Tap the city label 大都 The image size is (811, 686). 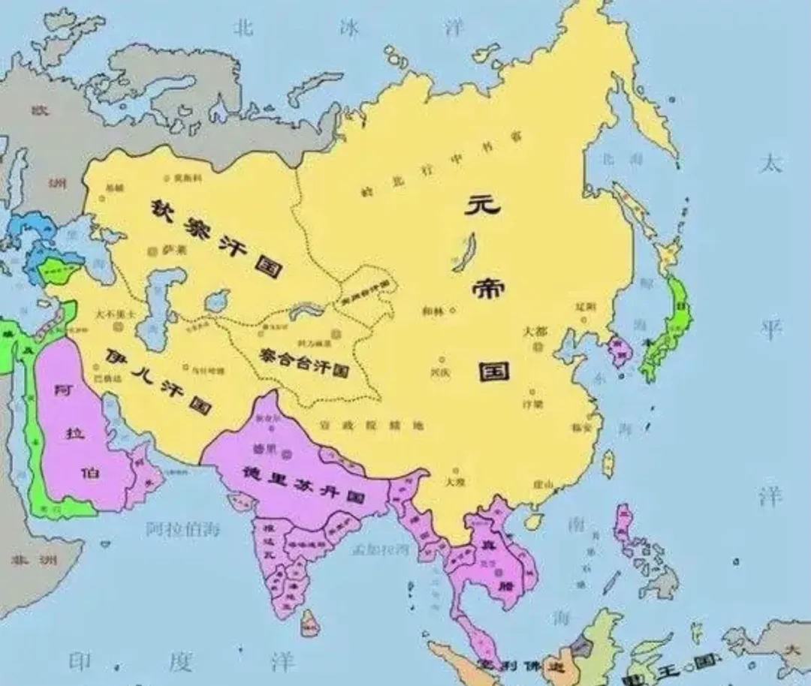pos(536,331)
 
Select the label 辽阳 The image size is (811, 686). pos(585,306)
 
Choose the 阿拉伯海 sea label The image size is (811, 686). pos(183,528)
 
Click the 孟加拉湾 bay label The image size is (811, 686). pos(381,549)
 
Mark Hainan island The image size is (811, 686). pos(535,519)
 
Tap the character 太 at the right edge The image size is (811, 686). pos(770,163)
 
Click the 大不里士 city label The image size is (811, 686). pos(117,314)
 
